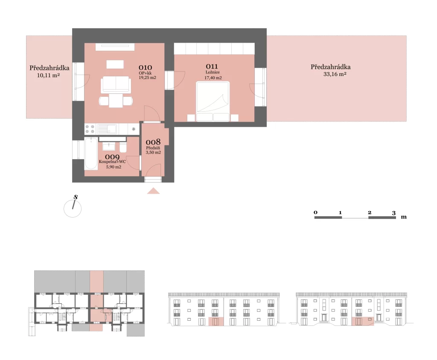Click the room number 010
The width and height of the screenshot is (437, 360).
coord(145,67)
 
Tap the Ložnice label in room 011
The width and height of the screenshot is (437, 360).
coord(213,72)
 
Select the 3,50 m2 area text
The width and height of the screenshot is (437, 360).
coord(153,152)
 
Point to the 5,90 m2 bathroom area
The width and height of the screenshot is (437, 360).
coord(114,167)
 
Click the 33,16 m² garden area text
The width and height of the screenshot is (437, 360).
coord(335,74)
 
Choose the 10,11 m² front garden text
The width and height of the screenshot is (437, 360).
coord(48,75)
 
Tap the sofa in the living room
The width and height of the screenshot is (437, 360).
coord(116,84)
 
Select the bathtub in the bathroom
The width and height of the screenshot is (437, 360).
coord(91,153)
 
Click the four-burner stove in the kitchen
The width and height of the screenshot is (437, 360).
coord(90,129)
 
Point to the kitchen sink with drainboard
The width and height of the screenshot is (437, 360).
coord(107,129)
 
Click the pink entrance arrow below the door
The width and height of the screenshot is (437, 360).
coord(153,191)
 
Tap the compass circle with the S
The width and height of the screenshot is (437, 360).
coord(73,209)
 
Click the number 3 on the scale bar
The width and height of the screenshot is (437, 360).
coord(393,213)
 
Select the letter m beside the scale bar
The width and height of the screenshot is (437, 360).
coord(404,217)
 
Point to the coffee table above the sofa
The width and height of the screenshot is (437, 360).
coord(115,64)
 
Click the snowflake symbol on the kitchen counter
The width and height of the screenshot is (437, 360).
coord(134,129)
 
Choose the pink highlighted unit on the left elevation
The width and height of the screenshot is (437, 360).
coord(216,321)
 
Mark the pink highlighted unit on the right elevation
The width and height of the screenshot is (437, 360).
coord(363,321)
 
